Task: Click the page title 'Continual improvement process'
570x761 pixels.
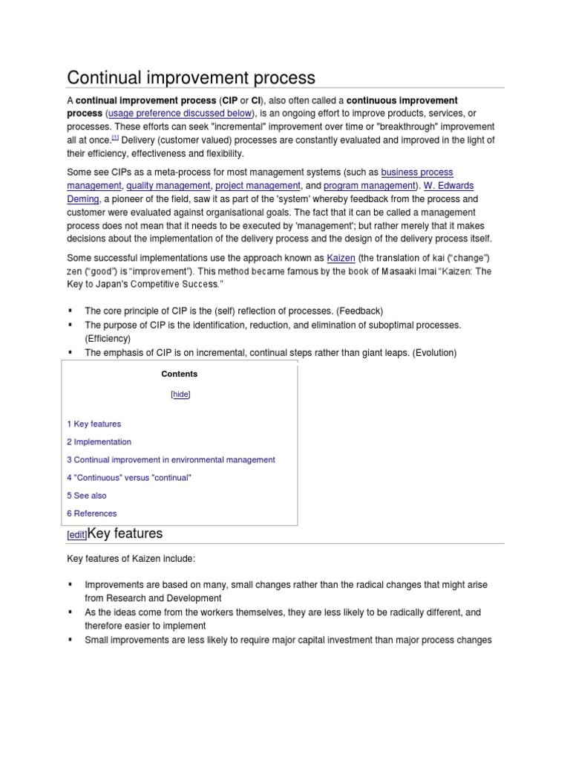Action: coord(191,77)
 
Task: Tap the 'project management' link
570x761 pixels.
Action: coord(258,186)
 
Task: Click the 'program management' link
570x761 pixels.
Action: coord(368,186)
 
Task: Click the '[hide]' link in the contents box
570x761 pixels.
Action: coord(181,395)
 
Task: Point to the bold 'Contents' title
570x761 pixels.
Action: coord(182,374)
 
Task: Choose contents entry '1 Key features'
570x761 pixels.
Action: coord(94,424)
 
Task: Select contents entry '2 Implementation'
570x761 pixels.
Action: coord(99,441)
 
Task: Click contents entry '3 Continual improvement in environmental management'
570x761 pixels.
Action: coord(171,459)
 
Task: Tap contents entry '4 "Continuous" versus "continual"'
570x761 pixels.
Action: coord(129,477)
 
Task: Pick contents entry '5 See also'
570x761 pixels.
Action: coord(87,495)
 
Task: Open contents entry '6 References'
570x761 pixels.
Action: coord(92,513)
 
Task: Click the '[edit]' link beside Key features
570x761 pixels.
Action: coord(76,535)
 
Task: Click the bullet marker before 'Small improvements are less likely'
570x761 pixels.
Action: coord(71,639)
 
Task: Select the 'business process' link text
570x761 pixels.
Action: coord(417,172)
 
